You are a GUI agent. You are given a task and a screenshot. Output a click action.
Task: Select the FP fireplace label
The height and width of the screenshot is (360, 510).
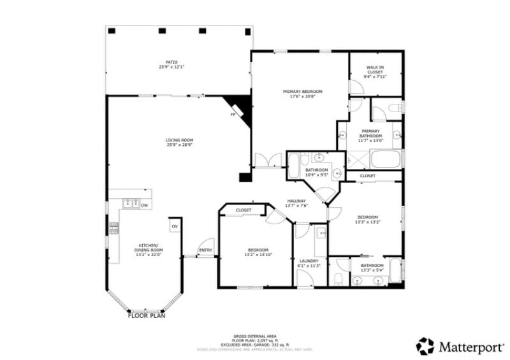pos(233,115)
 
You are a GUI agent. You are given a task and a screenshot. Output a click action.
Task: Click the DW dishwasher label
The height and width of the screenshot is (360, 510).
pos(145,205)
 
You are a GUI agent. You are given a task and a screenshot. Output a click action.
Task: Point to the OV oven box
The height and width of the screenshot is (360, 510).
pos(174,226)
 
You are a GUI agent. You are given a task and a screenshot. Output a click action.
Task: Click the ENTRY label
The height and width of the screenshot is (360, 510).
pos(205,250)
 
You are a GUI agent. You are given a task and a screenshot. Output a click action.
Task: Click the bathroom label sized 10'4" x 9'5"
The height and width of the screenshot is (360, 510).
pos(316,172)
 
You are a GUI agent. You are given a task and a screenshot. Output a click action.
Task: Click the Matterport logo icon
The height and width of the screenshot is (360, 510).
pos(425,346)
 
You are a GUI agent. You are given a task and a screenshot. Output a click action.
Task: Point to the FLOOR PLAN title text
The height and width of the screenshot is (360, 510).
pos(147,315)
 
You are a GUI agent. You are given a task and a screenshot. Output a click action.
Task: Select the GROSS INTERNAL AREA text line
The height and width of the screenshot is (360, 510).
pos(254,335)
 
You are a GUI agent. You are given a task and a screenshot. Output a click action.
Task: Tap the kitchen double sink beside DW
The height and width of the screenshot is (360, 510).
pos(132,204)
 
